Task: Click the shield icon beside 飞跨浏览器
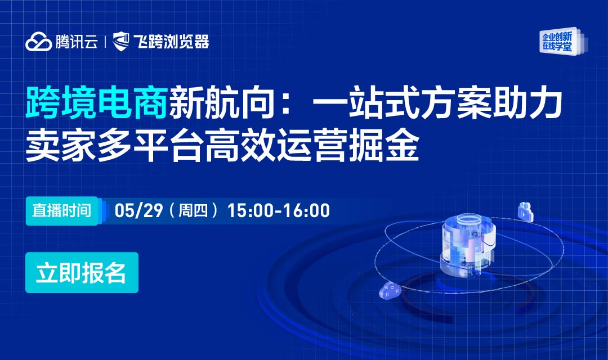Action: [122, 42]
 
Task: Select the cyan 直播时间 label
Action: [61, 211]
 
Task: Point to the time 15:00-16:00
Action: [279, 211]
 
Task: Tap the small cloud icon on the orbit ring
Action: [389, 291]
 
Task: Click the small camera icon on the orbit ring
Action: [525, 211]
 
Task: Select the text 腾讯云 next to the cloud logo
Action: [77, 42]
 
